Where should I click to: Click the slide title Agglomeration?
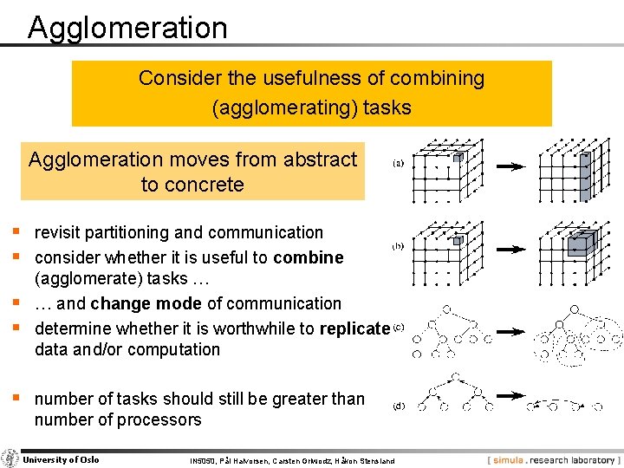(127, 28)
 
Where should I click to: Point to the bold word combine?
(309, 257)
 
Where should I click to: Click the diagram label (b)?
(398, 246)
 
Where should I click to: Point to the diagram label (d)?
(399, 405)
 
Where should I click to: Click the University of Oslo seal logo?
(10, 459)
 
